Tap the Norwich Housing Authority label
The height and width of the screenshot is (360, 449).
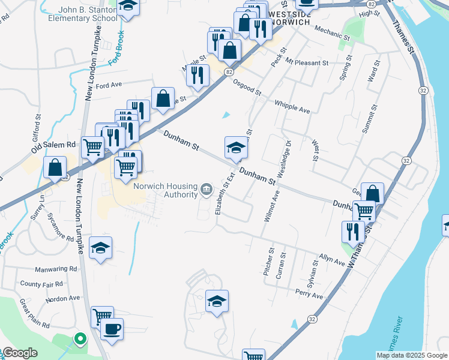click(x=166, y=190)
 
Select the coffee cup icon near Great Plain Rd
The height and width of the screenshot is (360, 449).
click(x=112, y=329)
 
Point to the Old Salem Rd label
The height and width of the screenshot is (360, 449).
click(x=55, y=146)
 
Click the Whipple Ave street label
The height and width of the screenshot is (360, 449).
click(x=292, y=107)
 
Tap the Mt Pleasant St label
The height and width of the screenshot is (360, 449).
click(x=307, y=62)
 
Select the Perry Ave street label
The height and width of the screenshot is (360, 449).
click(x=309, y=295)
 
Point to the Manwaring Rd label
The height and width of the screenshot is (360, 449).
click(x=56, y=269)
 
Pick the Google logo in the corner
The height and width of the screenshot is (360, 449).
click(x=19, y=353)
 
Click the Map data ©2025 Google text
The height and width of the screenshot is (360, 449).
click(x=412, y=355)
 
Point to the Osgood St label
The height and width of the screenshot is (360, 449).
click(x=247, y=88)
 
